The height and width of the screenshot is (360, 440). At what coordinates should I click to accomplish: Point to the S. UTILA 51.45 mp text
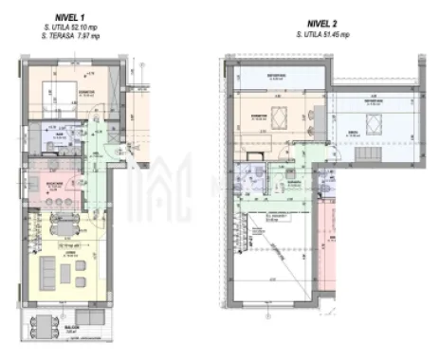(323, 36)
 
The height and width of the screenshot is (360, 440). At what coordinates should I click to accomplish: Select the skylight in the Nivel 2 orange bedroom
(280, 118)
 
